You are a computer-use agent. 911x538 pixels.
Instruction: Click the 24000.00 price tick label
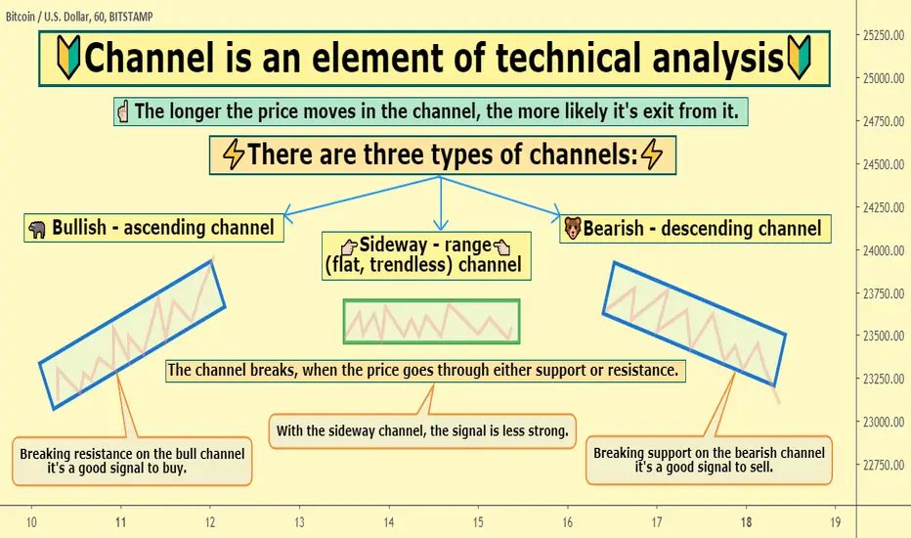click(883, 250)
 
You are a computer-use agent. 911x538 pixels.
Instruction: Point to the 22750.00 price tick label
click(883, 464)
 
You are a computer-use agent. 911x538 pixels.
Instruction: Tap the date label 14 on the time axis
click(388, 521)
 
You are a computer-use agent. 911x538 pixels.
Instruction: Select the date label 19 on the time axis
click(835, 521)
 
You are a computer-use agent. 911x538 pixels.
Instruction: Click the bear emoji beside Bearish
click(572, 228)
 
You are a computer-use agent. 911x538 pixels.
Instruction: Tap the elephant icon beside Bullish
click(37, 230)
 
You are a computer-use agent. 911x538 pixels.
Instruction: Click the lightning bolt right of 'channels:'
click(651, 155)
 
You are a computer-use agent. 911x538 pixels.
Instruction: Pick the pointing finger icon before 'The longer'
click(122, 112)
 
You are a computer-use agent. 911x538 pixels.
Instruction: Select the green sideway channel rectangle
click(431, 300)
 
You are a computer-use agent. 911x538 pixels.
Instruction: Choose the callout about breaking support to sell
click(709, 460)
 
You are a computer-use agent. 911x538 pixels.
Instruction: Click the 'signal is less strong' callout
click(422, 431)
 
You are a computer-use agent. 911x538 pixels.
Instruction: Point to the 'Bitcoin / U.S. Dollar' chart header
click(79, 17)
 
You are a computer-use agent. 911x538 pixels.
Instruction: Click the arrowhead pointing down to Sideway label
click(441, 225)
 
